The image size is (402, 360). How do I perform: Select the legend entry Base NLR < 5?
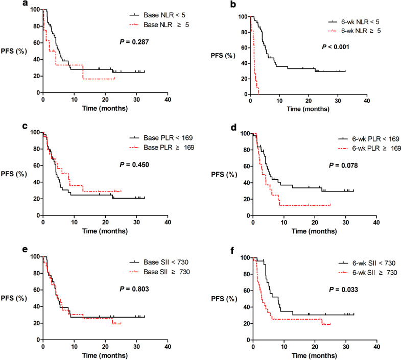[152, 16]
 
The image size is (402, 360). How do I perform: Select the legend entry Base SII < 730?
[153, 261]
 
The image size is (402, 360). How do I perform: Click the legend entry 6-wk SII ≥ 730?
[363, 272]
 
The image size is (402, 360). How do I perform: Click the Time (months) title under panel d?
[315, 231]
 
